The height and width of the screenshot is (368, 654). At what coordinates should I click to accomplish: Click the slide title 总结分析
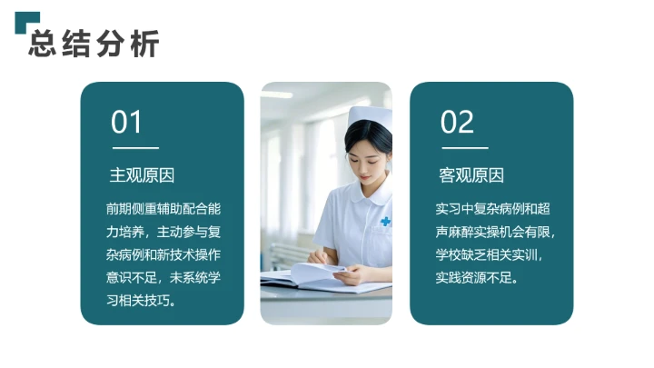tap(94, 43)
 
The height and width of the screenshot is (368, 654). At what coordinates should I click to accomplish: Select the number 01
tap(127, 122)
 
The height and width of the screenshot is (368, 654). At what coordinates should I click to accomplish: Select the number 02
tap(457, 122)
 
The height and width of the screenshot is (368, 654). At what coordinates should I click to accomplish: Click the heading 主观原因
tap(142, 175)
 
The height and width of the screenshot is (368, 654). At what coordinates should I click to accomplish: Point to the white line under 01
tap(134, 147)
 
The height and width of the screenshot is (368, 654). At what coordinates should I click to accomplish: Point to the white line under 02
tap(464, 147)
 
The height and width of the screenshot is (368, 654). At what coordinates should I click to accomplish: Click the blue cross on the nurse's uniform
tap(385, 221)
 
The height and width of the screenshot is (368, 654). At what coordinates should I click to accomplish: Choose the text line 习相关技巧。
tap(140, 300)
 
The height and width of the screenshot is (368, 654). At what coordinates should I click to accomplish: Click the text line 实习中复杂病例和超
tap(491, 208)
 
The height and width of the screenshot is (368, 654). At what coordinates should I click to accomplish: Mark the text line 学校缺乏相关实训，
tap(491, 254)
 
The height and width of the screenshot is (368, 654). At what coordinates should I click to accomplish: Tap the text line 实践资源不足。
tap(477, 277)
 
